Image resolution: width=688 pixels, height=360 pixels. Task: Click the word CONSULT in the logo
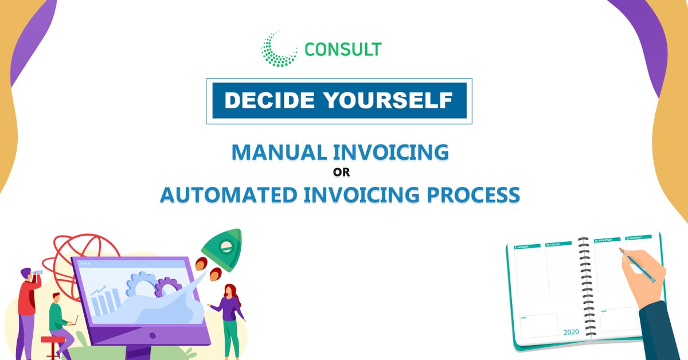pyautogui.click(x=343, y=49)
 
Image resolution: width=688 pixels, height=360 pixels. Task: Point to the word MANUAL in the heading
pyautogui.click(x=280, y=152)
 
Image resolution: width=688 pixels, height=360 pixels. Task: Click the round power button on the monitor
pyautogui.click(x=153, y=336)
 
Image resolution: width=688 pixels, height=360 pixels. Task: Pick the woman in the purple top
pyautogui.click(x=230, y=315)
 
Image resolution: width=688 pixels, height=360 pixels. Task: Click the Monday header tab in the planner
pyautogui.click(x=527, y=246)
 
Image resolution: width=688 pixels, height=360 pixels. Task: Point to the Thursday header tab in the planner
pyautogui.click(x=638, y=237)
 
